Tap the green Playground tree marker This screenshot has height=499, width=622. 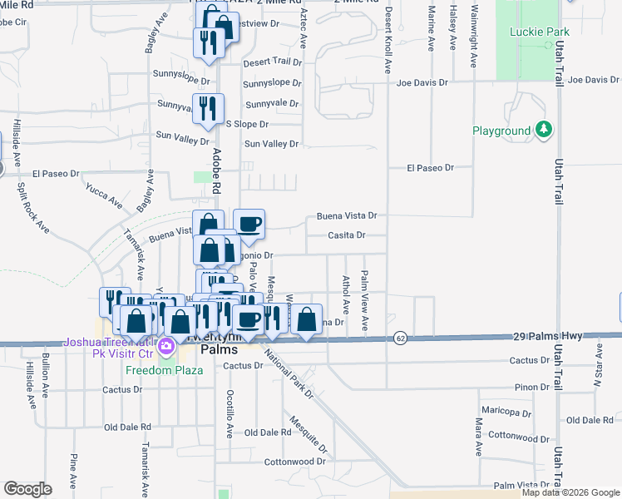click(x=544, y=130)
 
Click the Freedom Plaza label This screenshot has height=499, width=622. click(x=165, y=370)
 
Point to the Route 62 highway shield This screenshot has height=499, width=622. click(x=401, y=338)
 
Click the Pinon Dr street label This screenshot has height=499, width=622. click(x=532, y=387)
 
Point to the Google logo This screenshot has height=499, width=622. click(x=27, y=489)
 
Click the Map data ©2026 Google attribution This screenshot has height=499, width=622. click(x=570, y=492)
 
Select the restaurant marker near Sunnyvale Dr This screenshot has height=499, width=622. click(x=207, y=108)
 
